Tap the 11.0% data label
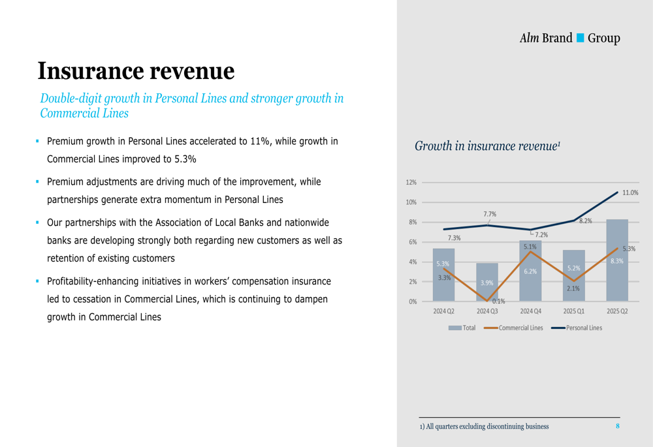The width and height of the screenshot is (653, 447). point(630,193)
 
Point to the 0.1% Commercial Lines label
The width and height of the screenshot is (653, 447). point(498,301)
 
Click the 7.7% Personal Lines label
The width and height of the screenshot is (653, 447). point(490,214)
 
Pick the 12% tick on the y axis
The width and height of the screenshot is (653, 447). point(411,183)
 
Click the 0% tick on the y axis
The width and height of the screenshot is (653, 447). point(413,301)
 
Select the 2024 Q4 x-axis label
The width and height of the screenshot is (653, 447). point(530,311)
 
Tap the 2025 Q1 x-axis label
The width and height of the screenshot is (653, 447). point(574,311)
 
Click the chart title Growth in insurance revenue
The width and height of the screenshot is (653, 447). point(487,146)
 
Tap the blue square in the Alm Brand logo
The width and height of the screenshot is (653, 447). point(580,38)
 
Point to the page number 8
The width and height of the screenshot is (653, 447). point(617,426)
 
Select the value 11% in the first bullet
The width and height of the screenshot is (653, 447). point(259,142)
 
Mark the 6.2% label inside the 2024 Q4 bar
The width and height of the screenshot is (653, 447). point(530,271)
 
